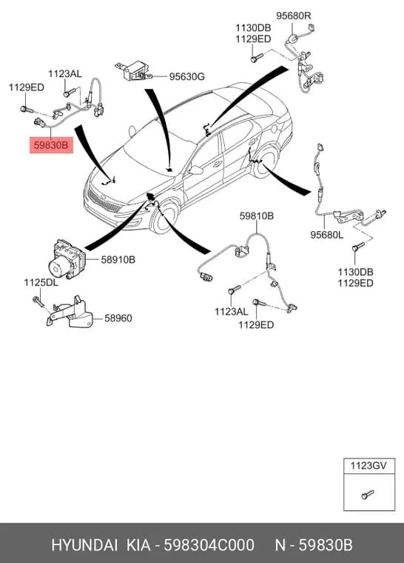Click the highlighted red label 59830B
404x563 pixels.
tap(51, 145)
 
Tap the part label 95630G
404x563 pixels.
tap(187, 76)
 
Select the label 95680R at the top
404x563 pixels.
tap(294, 16)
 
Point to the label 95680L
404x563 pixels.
tap(327, 235)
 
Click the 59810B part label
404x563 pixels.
tap(257, 216)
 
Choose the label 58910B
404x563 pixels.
tap(118, 259)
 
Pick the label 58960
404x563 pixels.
tap(118, 318)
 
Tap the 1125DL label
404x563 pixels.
tap(41, 282)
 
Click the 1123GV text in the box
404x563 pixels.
tap(368, 466)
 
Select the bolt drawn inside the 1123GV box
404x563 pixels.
tap(368, 495)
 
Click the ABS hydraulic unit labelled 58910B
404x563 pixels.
tap(67, 259)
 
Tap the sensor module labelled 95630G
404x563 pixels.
tap(132, 70)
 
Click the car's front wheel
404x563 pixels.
tap(164, 219)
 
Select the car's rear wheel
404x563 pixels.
tap(265, 164)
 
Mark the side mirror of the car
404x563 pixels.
tap(195, 170)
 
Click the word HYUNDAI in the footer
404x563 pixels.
tap(84, 545)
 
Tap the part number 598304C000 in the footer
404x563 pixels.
tap(209, 545)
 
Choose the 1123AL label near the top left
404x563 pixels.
tap(65, 74)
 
